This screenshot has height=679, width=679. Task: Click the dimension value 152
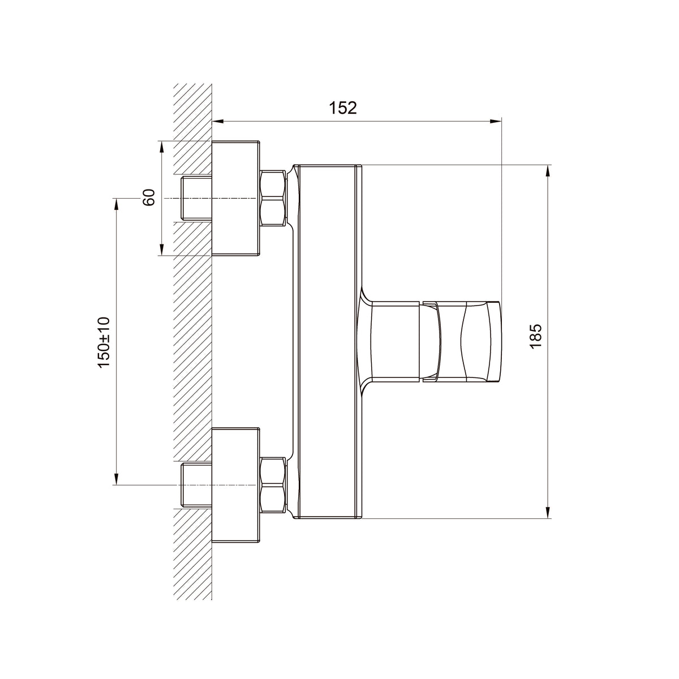tap(342, 108)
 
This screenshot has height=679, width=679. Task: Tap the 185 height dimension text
tap(536, 336)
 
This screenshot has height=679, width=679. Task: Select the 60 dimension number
tap(149, 197)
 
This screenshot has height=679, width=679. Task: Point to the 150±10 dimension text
tap(104, 342)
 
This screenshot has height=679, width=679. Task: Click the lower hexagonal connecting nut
tap(273, 485)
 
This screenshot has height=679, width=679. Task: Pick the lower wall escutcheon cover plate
tap(235, 485)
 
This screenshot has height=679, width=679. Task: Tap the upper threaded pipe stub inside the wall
tap(196, 198)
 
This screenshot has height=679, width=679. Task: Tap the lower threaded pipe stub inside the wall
tap(196, 485)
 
